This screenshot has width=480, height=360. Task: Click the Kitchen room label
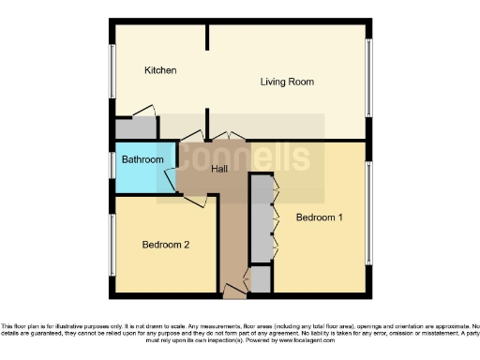pyautogui.click(x=160, y=70)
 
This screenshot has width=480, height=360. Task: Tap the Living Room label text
pyautogui.click(x=286, y=82)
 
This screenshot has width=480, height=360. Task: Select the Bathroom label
pyautogui.click(x=142, y=160)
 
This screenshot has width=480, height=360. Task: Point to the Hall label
pyautogui.click(x=219, y=169)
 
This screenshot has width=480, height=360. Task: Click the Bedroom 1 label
pyautogui.click(x=319, y=217)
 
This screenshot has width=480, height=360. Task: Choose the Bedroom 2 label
pyautogui.click(x=166, y=245)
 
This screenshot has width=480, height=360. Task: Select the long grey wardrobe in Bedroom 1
pyautogui.click(x=260, y=217)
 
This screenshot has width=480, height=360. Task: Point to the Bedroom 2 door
pyautogui.click(x=194, y=199)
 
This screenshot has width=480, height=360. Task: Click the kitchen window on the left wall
pyautogui.click(x=112, y=69)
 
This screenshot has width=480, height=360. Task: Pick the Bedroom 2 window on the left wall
pyautogui.click(x=112, y=245)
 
